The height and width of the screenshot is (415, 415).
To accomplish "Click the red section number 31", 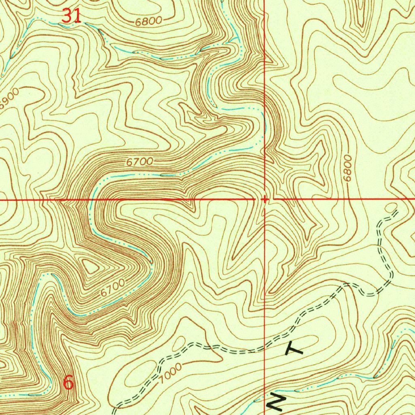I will click(x=71, y=16).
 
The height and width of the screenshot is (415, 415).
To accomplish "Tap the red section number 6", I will click(x=69, y=382).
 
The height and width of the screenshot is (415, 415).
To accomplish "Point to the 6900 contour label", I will click(x=9, y=99).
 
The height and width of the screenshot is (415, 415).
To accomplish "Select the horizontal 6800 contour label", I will click(x=148, y=21).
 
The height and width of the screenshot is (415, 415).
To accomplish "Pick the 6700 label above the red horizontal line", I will click(x=139, y=162).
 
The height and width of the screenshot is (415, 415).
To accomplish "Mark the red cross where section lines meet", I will click(x=264, y=199).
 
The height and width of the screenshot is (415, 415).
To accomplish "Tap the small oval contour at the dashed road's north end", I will click(x=391, y=207).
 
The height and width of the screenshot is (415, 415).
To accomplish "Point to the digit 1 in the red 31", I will click(x=77, y=16).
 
